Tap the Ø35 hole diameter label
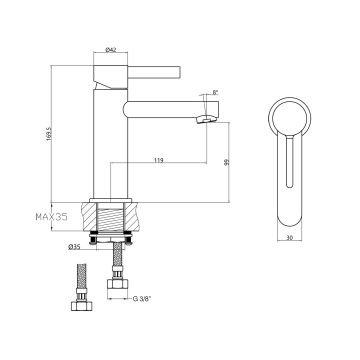click(x=74, y=246)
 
